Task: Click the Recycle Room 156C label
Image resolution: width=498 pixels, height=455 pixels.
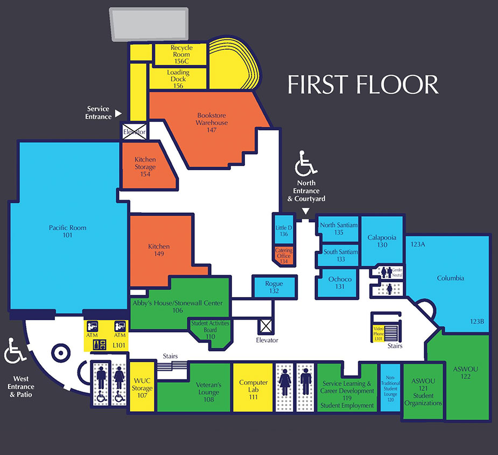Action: tap(181, 54)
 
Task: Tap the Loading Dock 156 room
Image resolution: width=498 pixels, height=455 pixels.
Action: tap(178, 79)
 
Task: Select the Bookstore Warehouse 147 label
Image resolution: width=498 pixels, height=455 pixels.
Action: tap(212, 122)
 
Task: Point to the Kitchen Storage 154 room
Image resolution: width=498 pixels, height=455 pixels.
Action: tap(145, 166)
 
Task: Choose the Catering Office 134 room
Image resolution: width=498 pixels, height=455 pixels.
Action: tap(284, 256)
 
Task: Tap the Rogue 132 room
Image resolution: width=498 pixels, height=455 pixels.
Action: tap(274, 287)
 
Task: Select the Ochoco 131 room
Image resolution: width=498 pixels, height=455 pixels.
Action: tap(338, 282)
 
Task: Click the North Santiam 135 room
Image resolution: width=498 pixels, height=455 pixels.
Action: tap(339, 229)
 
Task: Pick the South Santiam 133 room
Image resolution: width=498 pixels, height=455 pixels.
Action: tap(339, 255)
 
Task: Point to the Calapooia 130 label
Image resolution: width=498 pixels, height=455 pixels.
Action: tap(382, 241)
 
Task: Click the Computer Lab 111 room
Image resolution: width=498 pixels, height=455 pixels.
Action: tap(253, 387)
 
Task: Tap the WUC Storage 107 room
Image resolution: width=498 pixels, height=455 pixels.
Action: tap(142, 387)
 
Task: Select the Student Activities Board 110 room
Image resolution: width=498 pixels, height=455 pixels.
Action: tap(211, 332)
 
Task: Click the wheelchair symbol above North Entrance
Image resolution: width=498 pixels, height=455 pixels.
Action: tap(305, 163)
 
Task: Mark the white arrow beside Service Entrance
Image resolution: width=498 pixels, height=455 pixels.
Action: tap(118, 113)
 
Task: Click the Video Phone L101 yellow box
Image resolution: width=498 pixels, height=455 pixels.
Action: tap(378, 334)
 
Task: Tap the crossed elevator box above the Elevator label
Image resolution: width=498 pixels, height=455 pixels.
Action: tap(266, 326)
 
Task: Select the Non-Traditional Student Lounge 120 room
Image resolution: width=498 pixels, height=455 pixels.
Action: tap(390, 388)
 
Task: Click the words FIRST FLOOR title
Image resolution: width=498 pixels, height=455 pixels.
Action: tap(363, 85)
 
